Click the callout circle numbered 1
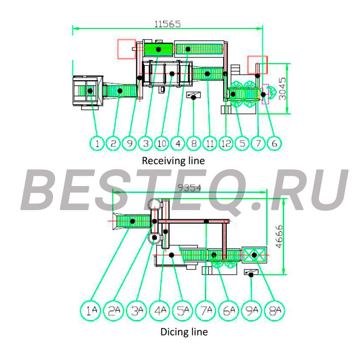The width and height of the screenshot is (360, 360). coord(97,143)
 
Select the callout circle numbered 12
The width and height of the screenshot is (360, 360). coord(226,143)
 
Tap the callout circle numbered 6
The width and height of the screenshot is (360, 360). coord(274,143)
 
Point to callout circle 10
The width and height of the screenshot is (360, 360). coord(162,143)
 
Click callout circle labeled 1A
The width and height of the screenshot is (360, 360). coord(90,311)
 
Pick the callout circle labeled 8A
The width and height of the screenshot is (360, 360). coord(275,311)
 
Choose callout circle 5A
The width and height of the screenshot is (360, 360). coord(183,311)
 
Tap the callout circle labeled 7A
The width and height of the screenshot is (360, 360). coord(205,311)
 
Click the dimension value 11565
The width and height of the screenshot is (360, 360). coord(167,24)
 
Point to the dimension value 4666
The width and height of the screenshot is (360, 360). coord(279,236)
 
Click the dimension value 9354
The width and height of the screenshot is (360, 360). coord(190,188)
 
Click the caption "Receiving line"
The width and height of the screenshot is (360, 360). coord(173,161)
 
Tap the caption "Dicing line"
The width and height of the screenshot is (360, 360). coord(184,332)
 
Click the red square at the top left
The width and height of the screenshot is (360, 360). coord(127,49)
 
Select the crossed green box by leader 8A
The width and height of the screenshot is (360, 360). coord(254,255)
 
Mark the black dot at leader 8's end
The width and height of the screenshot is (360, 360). coord(194,98)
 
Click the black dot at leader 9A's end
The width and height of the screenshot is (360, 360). coord(251,275)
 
